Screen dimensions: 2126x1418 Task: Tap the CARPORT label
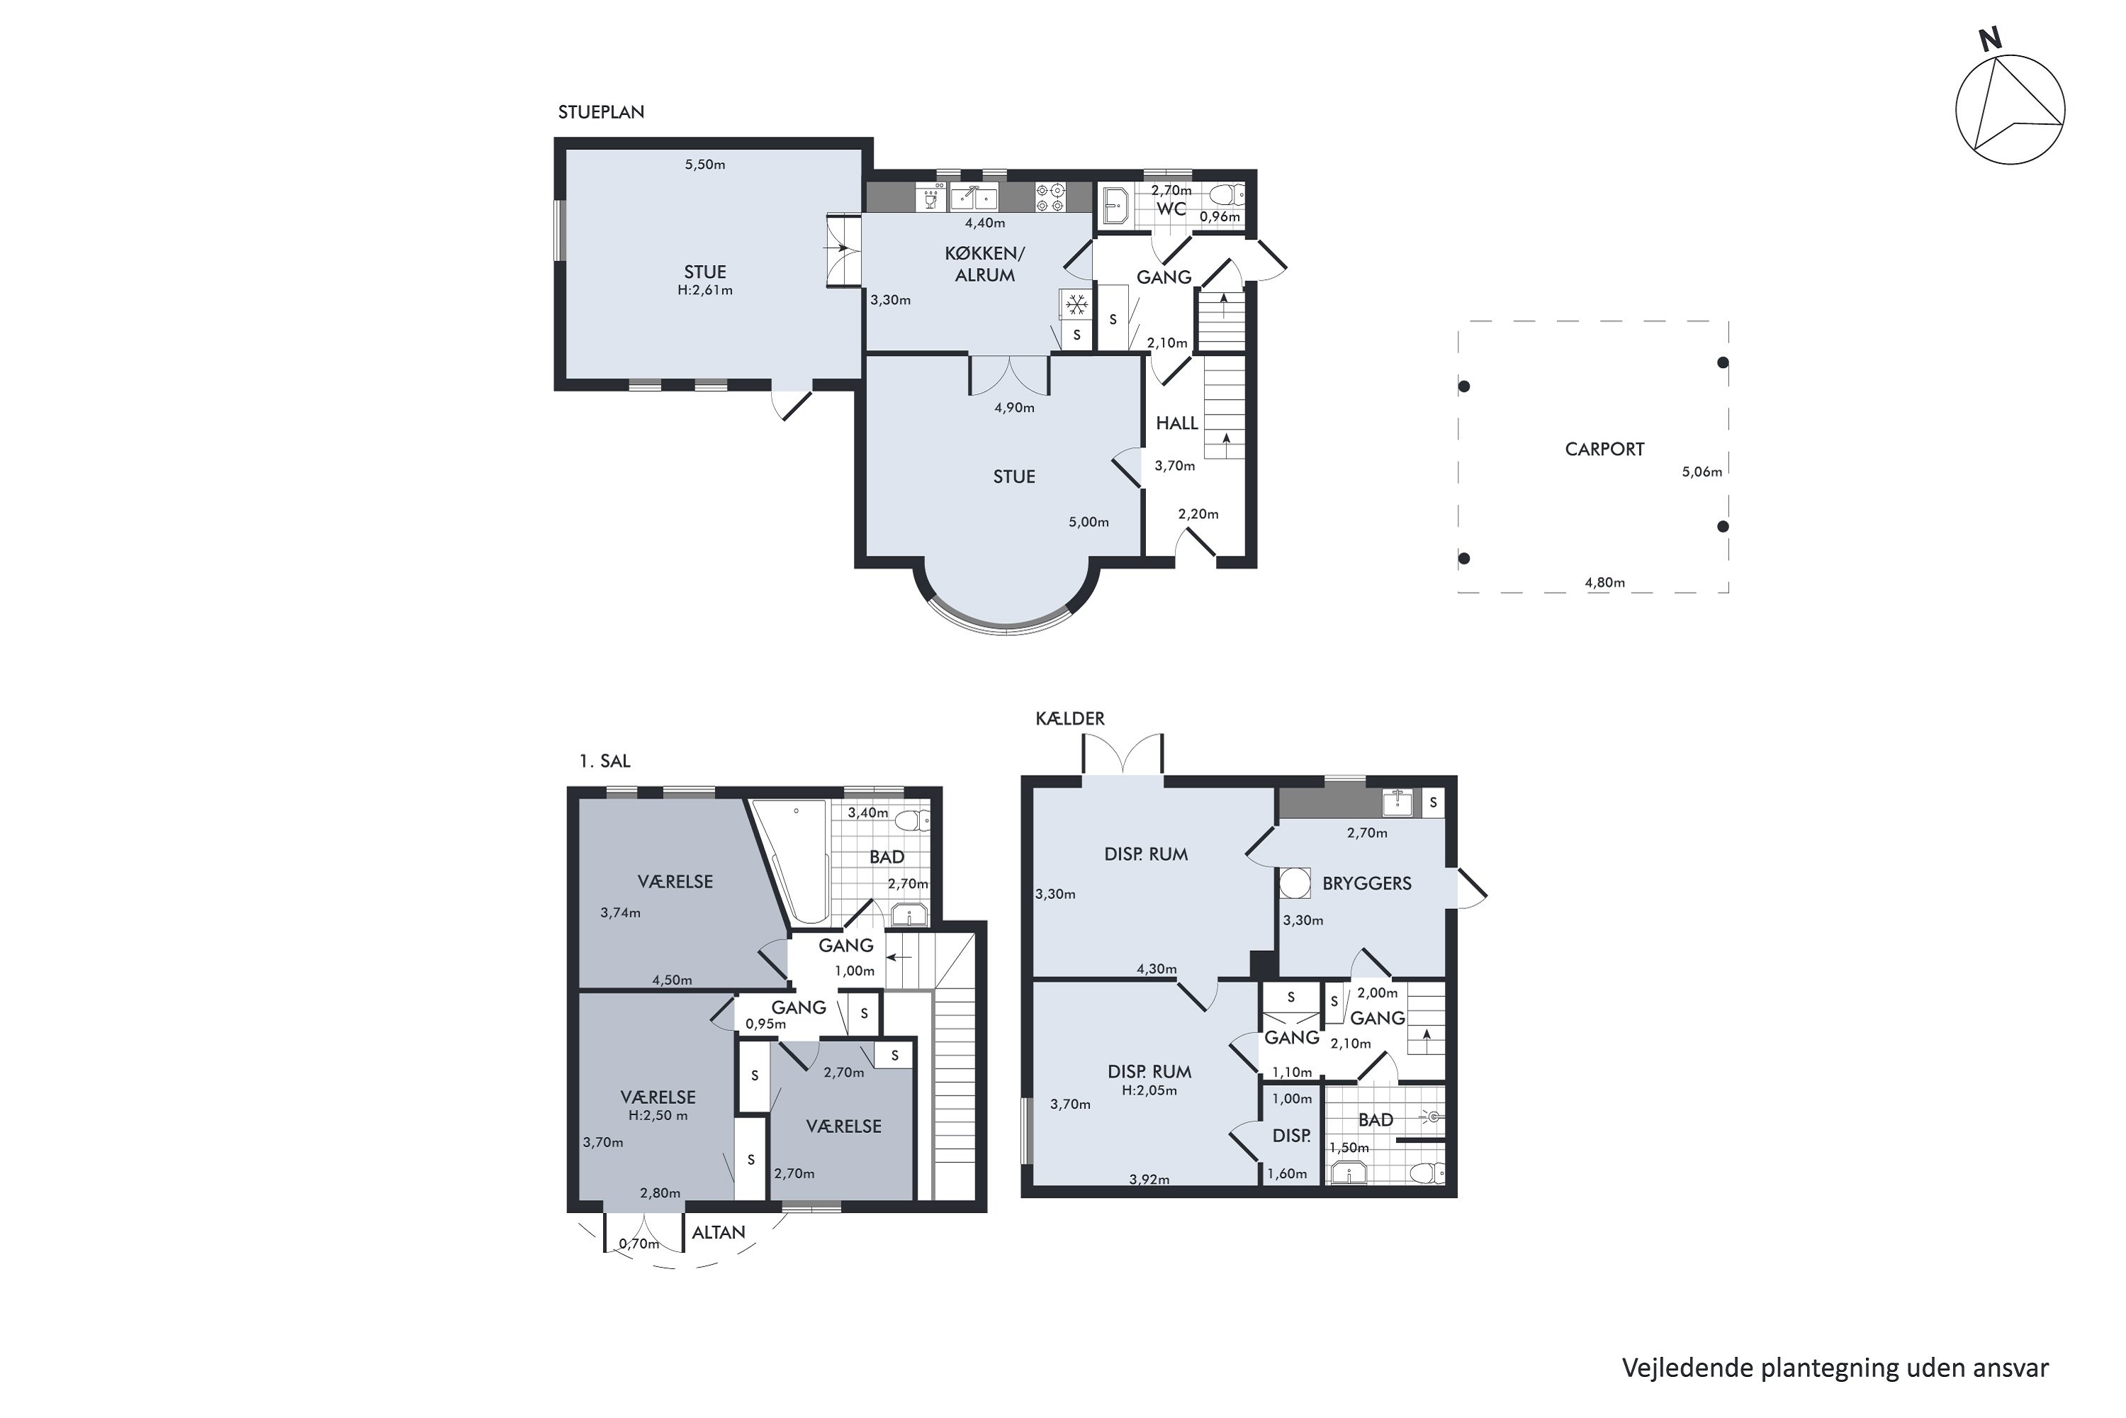(x=1604, y=450)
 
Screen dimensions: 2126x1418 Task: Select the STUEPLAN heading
(x=601, y=112)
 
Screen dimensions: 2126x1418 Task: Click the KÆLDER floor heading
(x=1070, y=719)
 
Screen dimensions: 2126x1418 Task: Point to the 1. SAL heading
(x=604, y=761)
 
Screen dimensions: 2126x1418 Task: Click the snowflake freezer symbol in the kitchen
(x=1076, y=306)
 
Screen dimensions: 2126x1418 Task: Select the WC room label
(x=1171, y=209)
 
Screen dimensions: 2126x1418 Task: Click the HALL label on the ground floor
(x=1177, y=423)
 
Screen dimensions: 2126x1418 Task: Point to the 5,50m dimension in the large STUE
(x=705, y=164)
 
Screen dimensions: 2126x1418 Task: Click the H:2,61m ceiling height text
(x=705, y=290)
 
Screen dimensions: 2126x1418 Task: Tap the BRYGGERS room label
(x=1367, y=883)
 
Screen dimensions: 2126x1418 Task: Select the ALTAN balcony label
(x=719, y=1233)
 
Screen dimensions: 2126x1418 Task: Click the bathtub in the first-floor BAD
(x=791, y=859)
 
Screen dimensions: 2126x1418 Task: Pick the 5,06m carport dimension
(x=1702, y=471)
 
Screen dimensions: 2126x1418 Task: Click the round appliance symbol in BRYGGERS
(x=1296, y=883)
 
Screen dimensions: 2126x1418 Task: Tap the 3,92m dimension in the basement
(x=1149, y=1179)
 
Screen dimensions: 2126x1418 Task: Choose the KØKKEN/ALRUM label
(x=984, y=264)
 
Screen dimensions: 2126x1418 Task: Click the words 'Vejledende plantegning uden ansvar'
(x=1835, y=1368)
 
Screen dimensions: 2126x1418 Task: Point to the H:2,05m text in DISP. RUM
(x=1149, y=1090)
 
